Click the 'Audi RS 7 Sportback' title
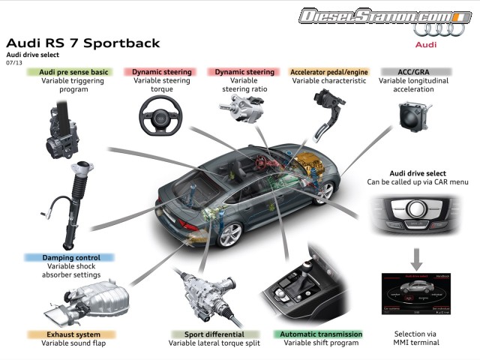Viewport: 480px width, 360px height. pyautogui.click(x=82, y=43)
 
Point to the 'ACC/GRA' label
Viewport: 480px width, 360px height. pyautogui.click(x=406, y=72)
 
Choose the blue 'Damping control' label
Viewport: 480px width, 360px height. pyautogui.click(x=67, y=257)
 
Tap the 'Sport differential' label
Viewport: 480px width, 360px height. pyautogui.click(x=205, y=334)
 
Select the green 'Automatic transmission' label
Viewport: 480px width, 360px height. pyautogui.click(x=318, y=334)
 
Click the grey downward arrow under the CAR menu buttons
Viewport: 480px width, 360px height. pyautogui.click(x=418, y=262)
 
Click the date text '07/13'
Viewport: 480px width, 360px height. pyautogui.click(x=13, y=62)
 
